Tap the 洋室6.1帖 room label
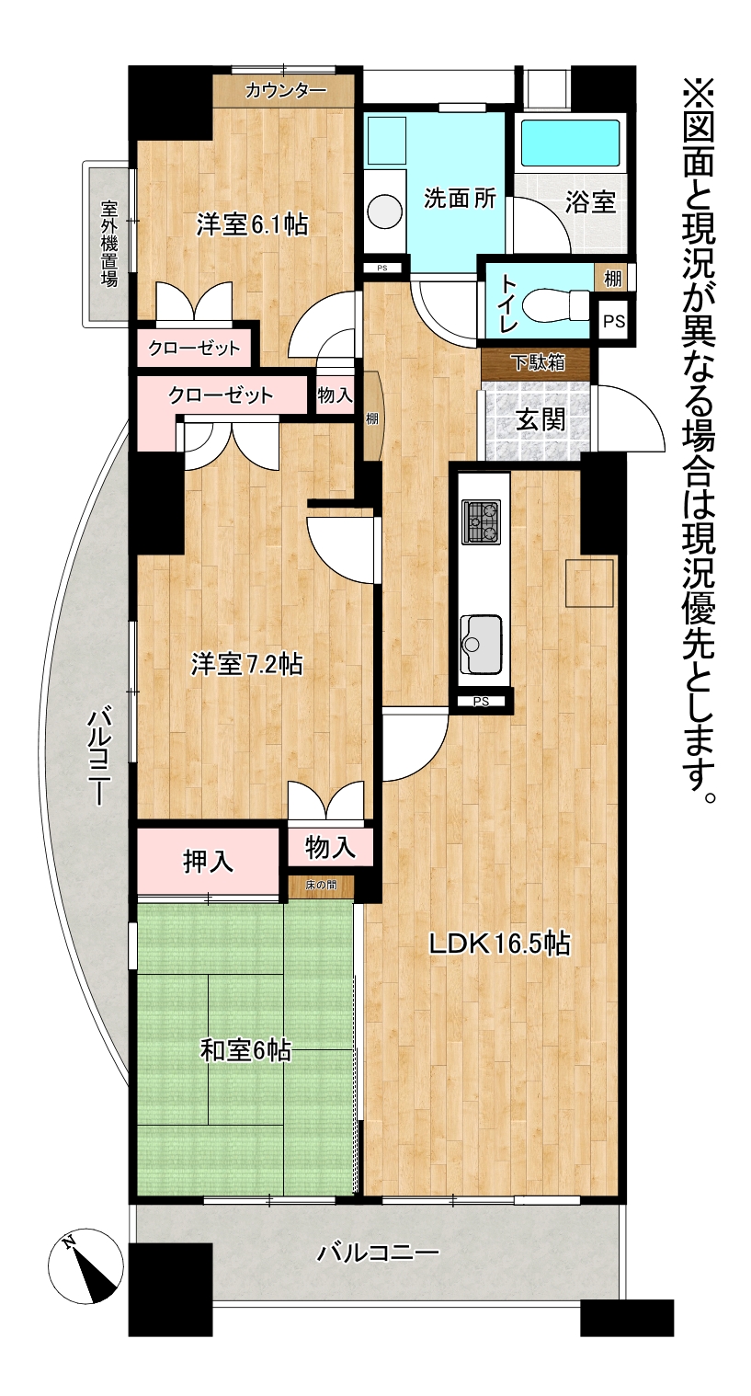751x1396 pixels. click(x=252, y=225)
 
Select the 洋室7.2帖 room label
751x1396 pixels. click(x=246, y=664)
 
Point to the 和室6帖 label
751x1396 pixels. click(x=245, y=1051)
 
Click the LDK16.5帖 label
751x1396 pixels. click(x=499, y=944)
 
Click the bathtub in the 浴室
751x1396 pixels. click(x=570, y=143)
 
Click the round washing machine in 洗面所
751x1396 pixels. click(x=385, y=211)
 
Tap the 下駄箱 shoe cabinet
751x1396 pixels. click(x=536, y=362)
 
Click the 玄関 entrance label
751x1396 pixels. click(x=540, y=419)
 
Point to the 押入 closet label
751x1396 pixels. click(x=208, y=861)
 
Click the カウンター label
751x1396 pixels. click(x=286, y=91)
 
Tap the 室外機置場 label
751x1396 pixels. click(x=109, y=243)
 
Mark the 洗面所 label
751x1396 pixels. click(x=460, y=199)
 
